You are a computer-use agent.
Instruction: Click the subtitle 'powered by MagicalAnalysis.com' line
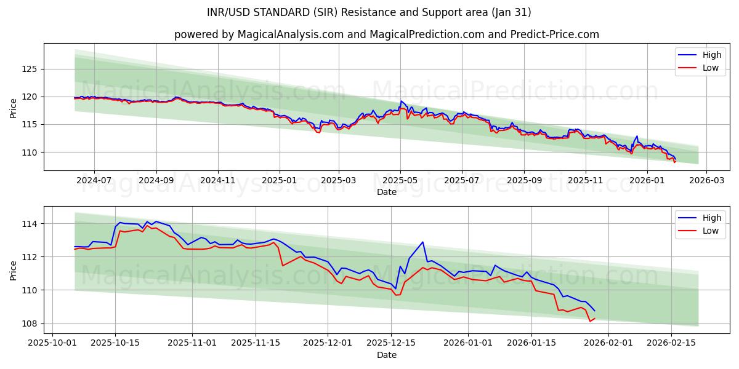(387, 34)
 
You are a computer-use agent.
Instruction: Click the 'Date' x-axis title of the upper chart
(387, 192)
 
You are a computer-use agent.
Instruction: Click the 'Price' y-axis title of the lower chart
(14, 269)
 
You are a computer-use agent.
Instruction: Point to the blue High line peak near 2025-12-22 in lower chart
(422, 242)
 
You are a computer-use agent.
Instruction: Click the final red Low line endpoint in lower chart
(594, 318)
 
